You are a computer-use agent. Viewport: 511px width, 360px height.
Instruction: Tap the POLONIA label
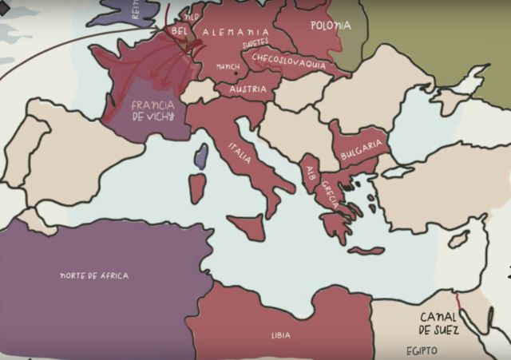click(331, 26)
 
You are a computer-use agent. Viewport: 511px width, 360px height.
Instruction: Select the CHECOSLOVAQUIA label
click(288, 61)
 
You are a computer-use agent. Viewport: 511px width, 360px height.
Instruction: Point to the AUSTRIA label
click(248, 89)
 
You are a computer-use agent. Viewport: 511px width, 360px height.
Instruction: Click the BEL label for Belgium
click(179, 30)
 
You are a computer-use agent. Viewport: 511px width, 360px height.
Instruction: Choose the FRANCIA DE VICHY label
click(153, 110)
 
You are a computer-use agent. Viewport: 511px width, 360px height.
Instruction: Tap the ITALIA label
click(240, 152)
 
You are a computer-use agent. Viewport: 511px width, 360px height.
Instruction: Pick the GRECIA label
click(329, 194)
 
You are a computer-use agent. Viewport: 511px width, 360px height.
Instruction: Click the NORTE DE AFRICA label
click(93, 275)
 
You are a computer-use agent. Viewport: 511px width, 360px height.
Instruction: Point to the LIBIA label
click(281, 335)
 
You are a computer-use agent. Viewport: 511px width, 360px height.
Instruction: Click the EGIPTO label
click(422, 350)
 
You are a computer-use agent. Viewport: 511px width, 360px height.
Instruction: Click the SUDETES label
click(255, 42)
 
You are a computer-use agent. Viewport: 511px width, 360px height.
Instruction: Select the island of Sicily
click(245, 227)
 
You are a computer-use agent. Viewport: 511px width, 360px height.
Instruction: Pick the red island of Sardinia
click(197, 188)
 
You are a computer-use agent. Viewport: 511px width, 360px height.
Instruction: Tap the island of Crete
click(366, 251)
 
